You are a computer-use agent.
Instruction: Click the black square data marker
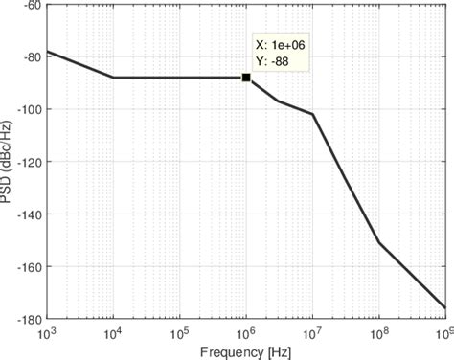246,78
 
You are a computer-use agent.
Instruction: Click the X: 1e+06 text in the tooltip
279,44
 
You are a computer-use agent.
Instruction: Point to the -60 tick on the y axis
30,5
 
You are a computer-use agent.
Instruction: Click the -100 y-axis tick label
27,109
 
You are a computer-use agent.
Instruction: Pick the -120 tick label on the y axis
27,162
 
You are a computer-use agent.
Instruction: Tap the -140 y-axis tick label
27,214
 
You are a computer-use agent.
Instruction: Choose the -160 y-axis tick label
27,267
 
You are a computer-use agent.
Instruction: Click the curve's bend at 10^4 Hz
113,78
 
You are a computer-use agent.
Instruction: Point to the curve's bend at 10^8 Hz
379,243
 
